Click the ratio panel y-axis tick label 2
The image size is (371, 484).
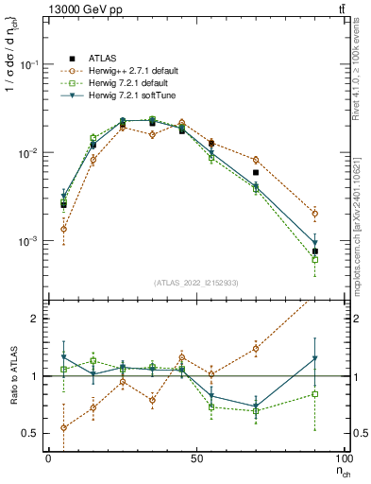pos(33,319)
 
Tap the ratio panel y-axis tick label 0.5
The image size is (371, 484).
pos(29,433)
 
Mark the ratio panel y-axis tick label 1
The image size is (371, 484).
pos(33,376)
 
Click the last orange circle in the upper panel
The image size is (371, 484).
pos(315,214)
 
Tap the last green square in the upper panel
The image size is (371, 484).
pos(315,259)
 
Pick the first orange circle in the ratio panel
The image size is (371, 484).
pos(63,427)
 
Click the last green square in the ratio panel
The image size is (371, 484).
pos(315,393)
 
